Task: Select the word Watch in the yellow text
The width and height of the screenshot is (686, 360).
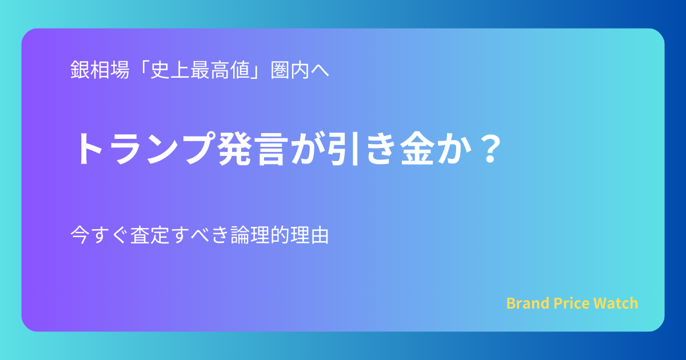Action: pyautogui.click(x=616, y=303)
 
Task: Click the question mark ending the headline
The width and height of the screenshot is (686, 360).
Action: pyautogui.click(x=490, y=149)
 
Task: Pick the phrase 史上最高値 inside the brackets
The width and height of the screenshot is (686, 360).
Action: pyautogui.click(x=200, y=70)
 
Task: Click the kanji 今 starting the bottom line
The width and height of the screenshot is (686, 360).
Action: pyautogui.click(x=80, y=235)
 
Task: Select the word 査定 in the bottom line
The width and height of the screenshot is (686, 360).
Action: pyautogui.click(x=150, y=235)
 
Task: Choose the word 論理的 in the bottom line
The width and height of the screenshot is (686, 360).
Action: pyautogui.click(x=260, y=235)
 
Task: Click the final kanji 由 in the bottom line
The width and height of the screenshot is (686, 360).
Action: pyautogui.click(x=319, y=235)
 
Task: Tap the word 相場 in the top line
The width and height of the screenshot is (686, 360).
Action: pyautogui.click(x=109, y=70)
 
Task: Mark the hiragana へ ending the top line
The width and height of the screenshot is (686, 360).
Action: pyautogui.click(x=320, y=71)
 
